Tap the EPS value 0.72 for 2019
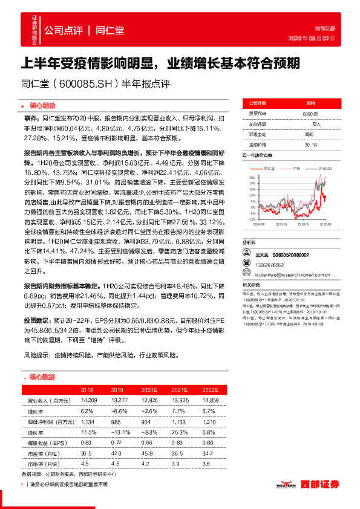coord(117,444)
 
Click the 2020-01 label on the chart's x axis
coord(281,224)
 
